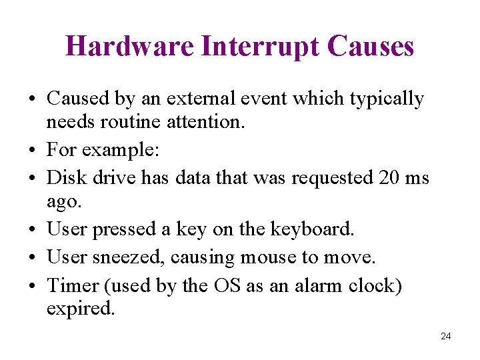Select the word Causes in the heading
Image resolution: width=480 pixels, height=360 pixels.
tap(371, 46)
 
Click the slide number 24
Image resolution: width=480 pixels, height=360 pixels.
tap(446, 336)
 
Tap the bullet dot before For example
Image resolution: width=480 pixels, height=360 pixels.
tap(33, 151)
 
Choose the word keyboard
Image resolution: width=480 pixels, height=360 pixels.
tap(312, 229)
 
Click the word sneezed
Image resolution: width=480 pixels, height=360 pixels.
tap(129, 257)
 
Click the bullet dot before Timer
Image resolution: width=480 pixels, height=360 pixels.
tap(33, 286)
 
